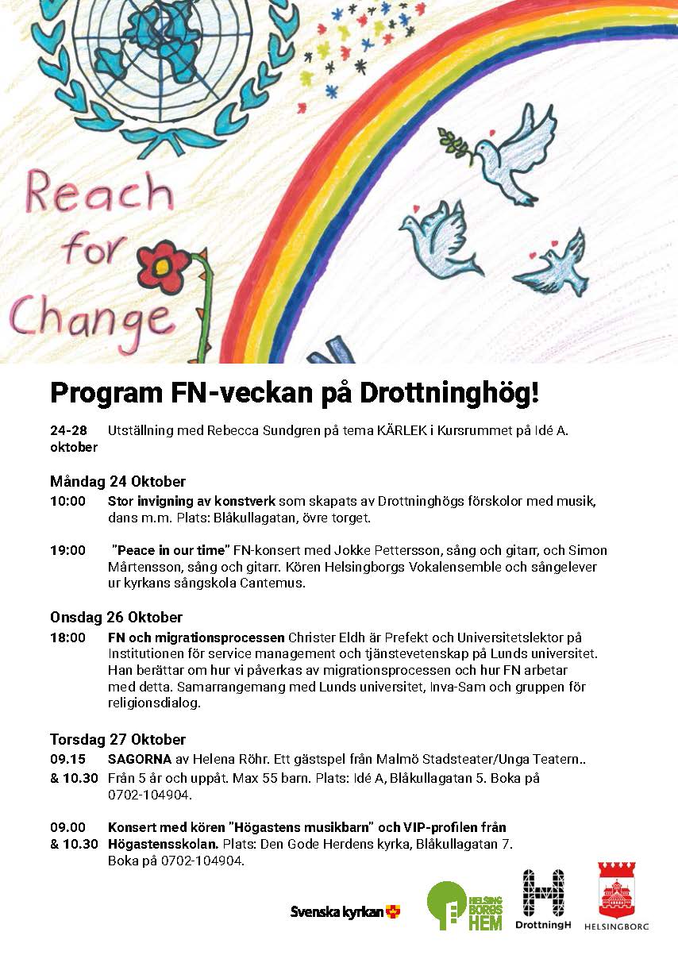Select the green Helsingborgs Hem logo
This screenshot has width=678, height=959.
click(464, 905)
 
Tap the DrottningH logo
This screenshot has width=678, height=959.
click(543, 900)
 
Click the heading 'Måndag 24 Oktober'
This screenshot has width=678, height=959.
click(117, 482)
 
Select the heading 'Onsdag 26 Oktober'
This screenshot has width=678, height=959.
click(116, 617)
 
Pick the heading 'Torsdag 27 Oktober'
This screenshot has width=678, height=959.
click(117, 740)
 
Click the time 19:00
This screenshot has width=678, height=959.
click(67, 550)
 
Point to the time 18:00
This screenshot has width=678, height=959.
click(67, 637)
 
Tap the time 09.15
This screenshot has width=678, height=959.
click(67, 760)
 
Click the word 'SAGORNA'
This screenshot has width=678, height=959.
click(140, 760)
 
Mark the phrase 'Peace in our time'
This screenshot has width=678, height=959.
click(172, 550)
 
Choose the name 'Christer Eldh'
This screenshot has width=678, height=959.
click(325, 637)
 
